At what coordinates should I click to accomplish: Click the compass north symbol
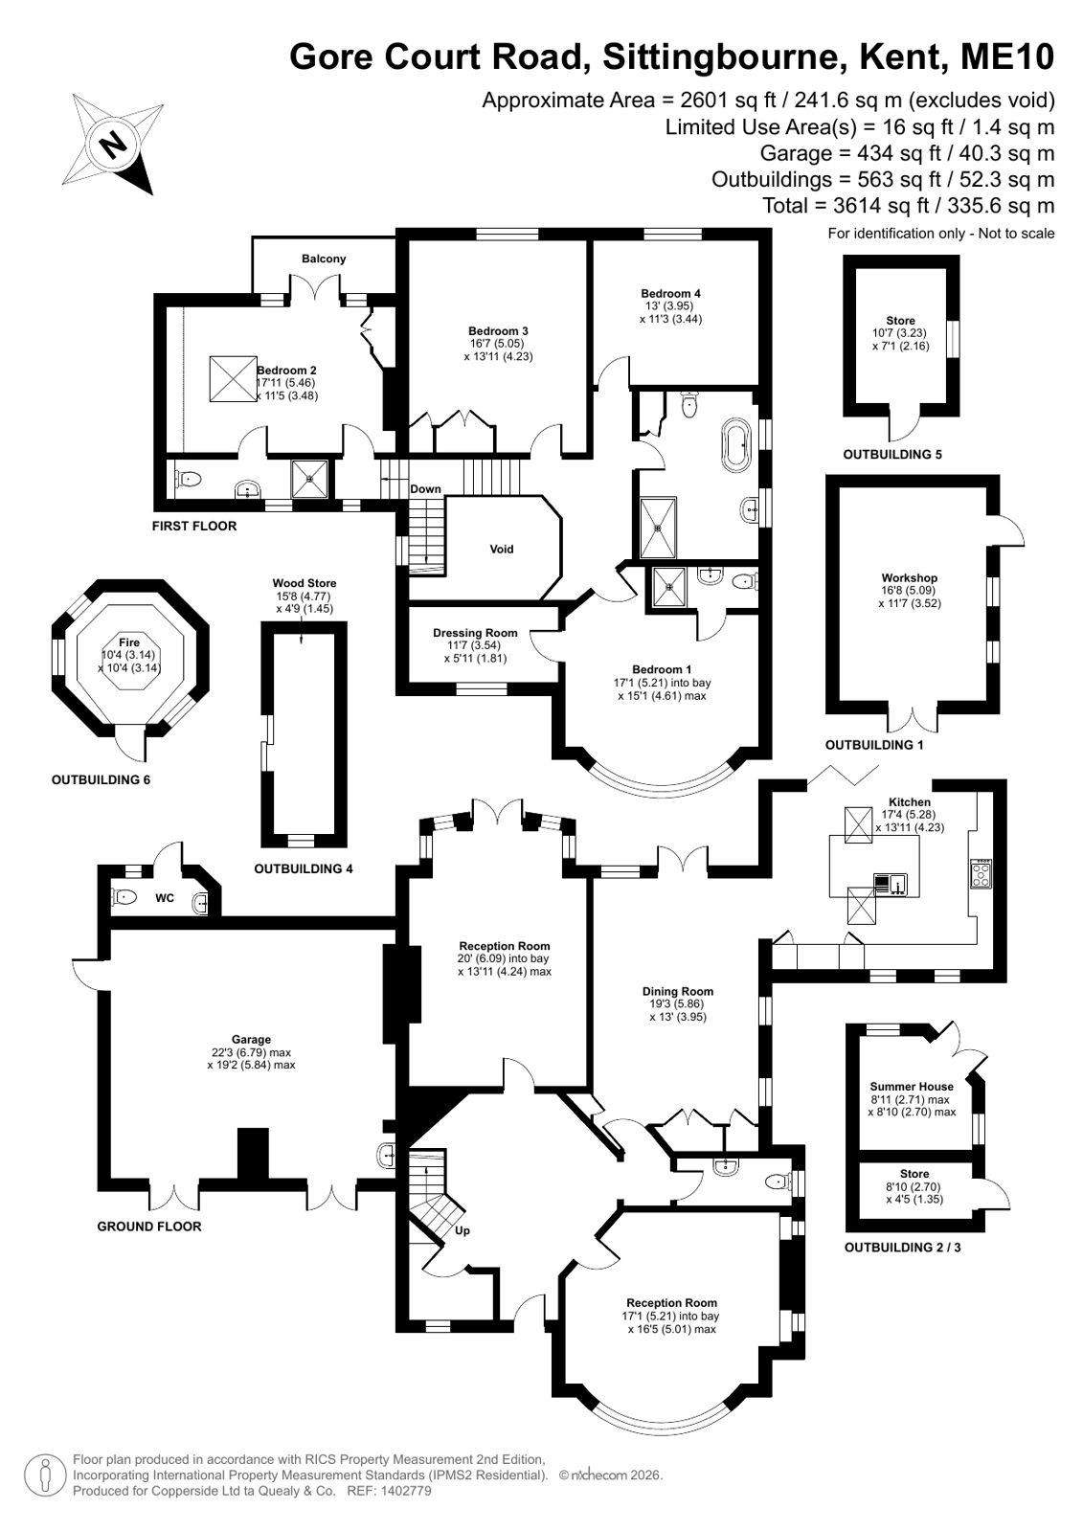(x=113, y=145)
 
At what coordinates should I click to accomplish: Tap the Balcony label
(x=324, y=259)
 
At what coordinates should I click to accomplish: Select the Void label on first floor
(x=501, y=549)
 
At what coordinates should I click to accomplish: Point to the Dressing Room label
(x=475, y=633)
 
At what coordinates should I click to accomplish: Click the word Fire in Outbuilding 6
(x=129, y=642)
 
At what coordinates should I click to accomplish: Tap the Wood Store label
(x=305, y=583)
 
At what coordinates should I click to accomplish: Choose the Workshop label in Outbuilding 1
(x=910, y=577)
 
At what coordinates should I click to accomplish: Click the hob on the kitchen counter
(x=981, y=873)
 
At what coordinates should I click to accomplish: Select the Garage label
(x=251, y=1040)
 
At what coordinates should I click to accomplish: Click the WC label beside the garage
(x=165, y=898)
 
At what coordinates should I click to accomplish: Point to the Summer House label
(x=912, y=1087)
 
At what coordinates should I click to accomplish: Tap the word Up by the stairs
(x=463, y=1231)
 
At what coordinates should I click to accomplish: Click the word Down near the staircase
(x=425, y=488)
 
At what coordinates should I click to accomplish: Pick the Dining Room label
(x=678, y=991)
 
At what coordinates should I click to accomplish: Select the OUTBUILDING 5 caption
(x=892, y=454)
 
